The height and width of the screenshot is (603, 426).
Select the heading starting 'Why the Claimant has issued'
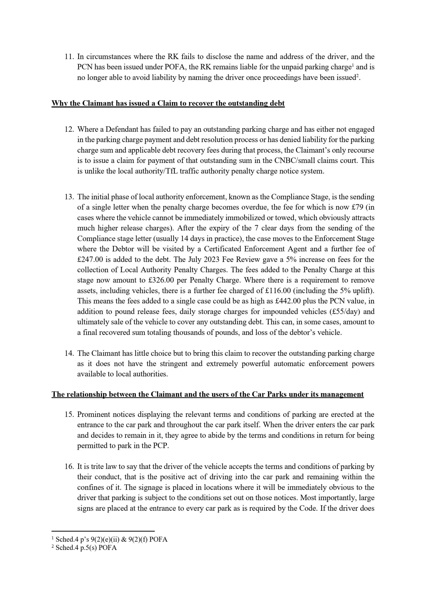[x=168, y=103]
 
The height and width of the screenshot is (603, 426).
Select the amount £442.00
[x=288, y=301]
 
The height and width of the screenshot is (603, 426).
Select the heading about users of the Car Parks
[x=207, y=395]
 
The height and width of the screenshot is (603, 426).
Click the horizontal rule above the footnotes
[x=103, y=531]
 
